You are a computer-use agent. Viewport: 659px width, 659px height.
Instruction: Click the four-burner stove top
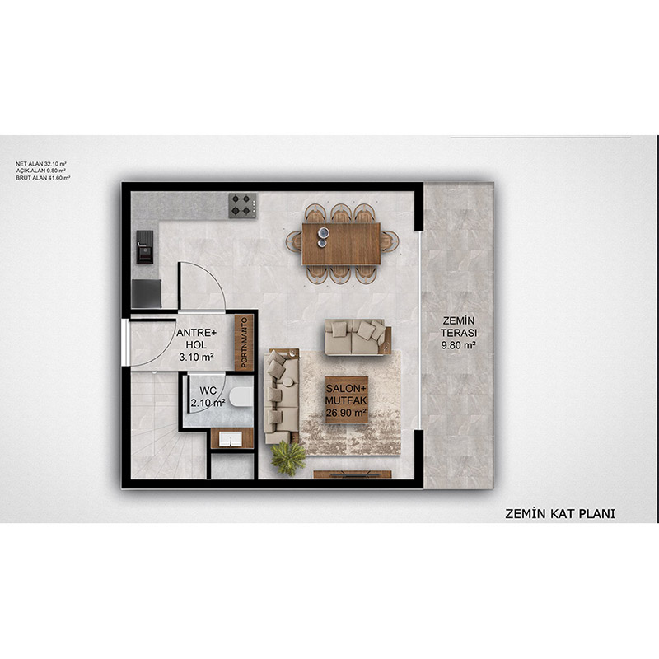pyautogui.click(x=242, y=205)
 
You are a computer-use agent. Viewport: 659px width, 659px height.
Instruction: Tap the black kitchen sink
pyautogui.click(x=145, y=247)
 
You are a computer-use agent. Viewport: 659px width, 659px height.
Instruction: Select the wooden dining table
pyautogui.click(x=341, y=244)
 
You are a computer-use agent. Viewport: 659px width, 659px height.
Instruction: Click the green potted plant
pyautogui.click(x=288, y=458)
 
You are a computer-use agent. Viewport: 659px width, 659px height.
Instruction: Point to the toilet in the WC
pyautogui.click(x=241, y=397)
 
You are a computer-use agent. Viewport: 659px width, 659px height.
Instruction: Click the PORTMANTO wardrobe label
pyautogui.click(x=244, y=343)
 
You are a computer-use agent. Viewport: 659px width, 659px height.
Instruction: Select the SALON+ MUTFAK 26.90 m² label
pyautogui.click(x=346, y=400)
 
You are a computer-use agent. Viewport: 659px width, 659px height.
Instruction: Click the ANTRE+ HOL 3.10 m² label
pyautogui.click(x=196, y=345)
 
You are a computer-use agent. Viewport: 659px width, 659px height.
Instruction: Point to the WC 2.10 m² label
pyautogui.click(x=208, y=397)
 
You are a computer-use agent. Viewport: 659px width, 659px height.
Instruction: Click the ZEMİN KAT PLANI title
pyautogui.click(x=560, y=513)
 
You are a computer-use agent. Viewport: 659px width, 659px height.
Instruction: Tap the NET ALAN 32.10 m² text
pyautogui.click(x=41, y=163)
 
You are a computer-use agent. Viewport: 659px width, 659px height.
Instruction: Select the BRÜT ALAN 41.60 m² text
pyautogui.click(x=43, y=178)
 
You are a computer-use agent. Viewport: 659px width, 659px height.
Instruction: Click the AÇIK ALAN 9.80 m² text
pyautogui.click(x=40, y=171)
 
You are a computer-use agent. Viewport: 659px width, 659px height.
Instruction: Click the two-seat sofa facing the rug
pyautogui.click(x=358, y=337)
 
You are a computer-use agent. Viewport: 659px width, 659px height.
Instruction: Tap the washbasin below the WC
pyautogui.click(x=231, y=439)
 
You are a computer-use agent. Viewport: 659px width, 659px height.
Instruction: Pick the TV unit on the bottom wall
pyautogui.click(x=353, y=474)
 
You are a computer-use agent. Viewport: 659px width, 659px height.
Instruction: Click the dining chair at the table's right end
pyautogui.click(x=390, y=241)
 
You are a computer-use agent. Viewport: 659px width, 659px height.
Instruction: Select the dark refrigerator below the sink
pyautogui.click(x=147, y=293)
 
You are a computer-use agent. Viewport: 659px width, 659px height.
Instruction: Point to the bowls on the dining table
pyautogui.click(x=323, y=237)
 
